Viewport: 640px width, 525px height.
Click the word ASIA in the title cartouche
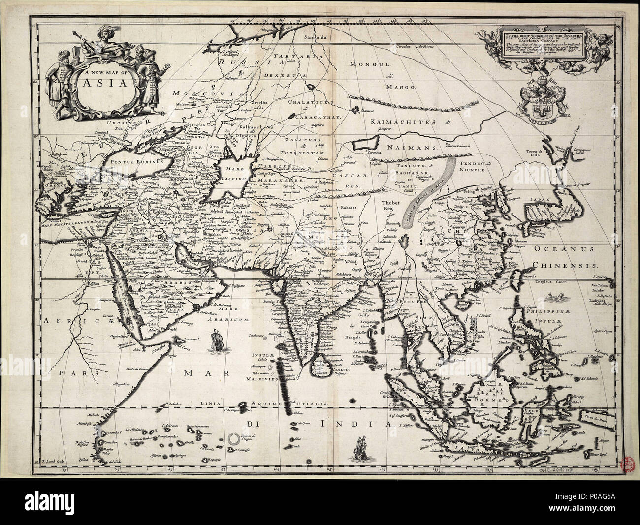click(x=100, y=82)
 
